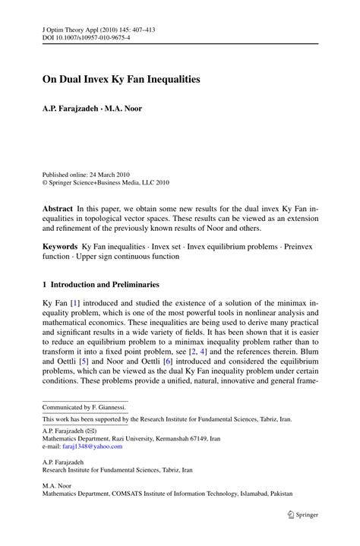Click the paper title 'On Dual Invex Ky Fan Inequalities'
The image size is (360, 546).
(x=126, y=78)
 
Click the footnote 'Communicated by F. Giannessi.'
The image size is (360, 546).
(x=85, y=407)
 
